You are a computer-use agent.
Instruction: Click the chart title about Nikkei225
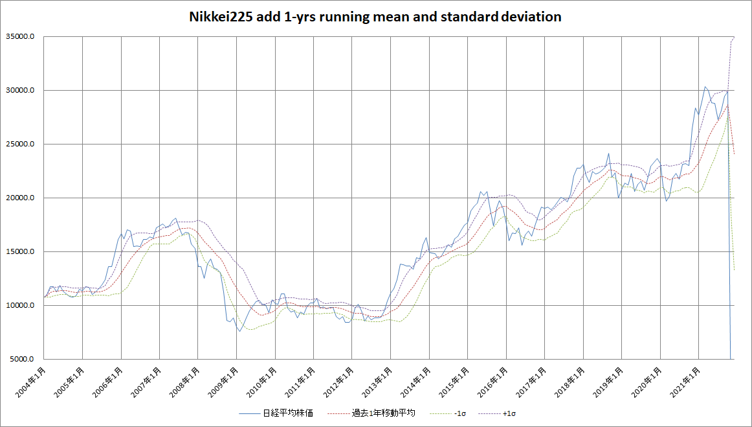(375, 17)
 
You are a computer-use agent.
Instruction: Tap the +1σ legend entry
(511, 413)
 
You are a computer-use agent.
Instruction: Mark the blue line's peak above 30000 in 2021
(705, 86)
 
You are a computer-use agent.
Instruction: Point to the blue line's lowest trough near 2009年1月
(239, 331)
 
